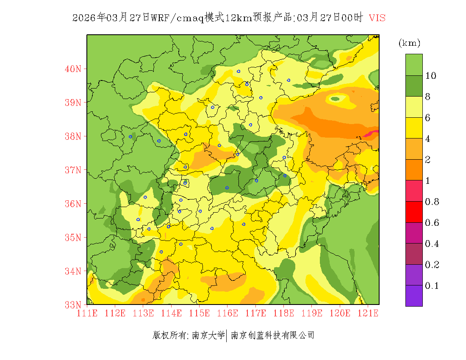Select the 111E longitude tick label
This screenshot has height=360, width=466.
87,313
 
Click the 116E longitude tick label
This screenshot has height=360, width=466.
227,313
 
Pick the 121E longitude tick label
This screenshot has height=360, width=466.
367,313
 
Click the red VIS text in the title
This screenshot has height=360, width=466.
377,18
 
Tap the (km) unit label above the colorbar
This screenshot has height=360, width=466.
409,43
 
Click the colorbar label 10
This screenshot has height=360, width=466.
431,76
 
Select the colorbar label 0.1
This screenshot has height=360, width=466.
432,286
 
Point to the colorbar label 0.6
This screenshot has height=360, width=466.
432,223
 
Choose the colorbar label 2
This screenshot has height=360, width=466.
428,160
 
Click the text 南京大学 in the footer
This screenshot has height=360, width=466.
208,335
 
